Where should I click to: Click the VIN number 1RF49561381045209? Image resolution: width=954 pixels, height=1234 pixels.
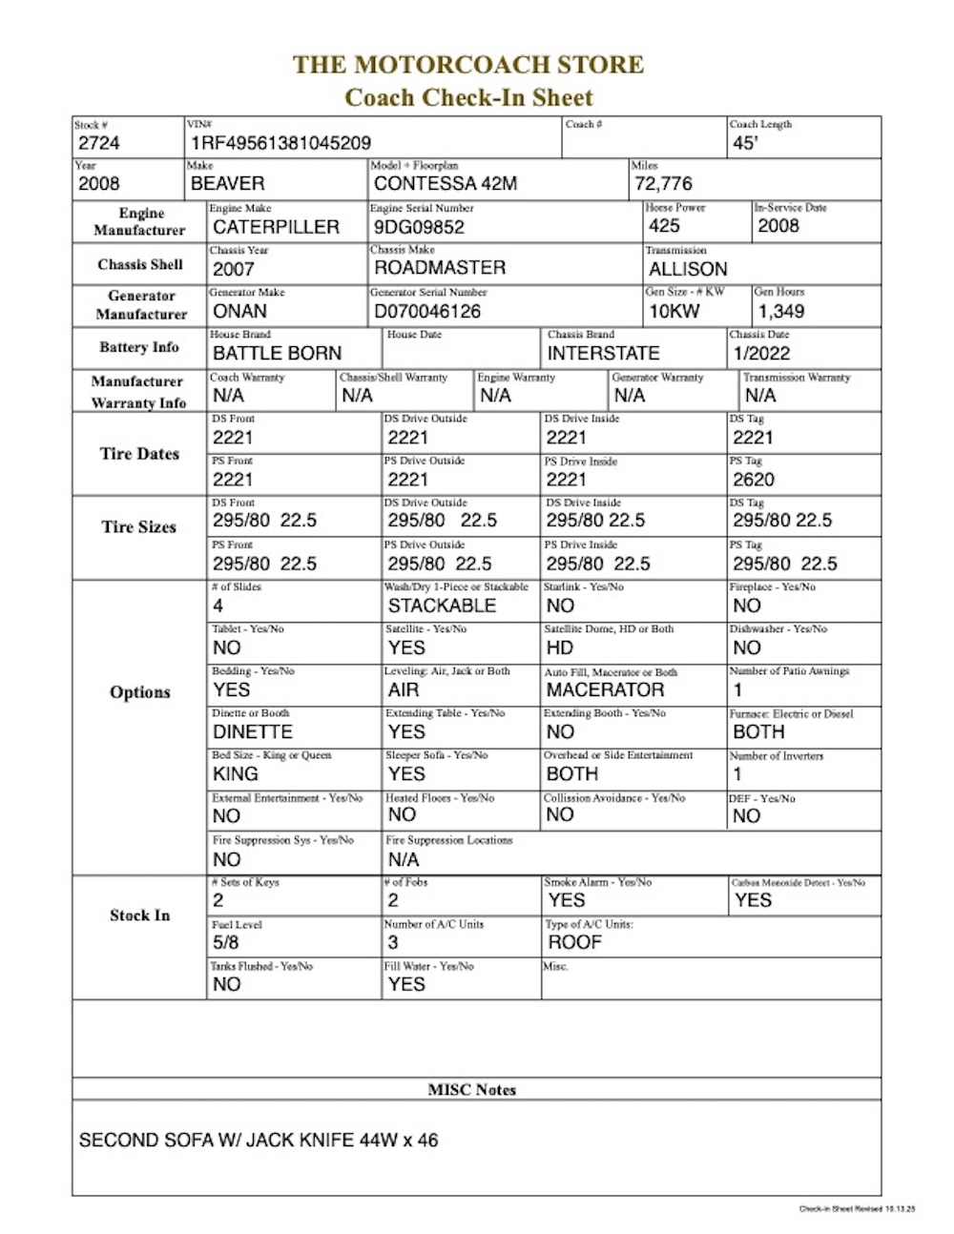pos(280,143)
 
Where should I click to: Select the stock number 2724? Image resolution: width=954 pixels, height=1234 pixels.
pos(99,143)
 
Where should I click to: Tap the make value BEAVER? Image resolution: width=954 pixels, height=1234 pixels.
pos(228,183)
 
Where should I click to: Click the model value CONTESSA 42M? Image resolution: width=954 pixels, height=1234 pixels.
pos(446,183)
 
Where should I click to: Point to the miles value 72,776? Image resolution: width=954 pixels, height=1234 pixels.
pos(664,183)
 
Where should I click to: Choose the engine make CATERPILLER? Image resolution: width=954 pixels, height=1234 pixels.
pos(276,227)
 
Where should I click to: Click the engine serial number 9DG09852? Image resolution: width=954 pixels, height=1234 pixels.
pos(420,227)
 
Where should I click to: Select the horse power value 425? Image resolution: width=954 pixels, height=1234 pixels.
pos(664,226)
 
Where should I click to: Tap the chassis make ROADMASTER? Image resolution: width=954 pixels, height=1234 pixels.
pos(440,268)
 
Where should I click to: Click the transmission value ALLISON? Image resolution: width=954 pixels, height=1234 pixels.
pos(688,269)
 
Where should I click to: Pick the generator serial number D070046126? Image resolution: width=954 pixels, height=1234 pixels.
pos(427,311)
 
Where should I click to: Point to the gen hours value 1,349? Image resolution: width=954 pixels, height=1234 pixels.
pos(780,311)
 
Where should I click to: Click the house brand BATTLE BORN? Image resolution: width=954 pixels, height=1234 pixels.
pos(277,353)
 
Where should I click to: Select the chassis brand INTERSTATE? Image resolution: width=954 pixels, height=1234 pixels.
pos(603,353)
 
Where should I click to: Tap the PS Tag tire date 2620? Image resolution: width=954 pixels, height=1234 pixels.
pos(754,480)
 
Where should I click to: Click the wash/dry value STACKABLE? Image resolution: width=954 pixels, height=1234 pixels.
pos(442,606)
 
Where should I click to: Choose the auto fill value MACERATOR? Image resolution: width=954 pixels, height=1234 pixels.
pos(605,689)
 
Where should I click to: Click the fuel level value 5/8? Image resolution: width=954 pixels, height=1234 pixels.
pos(226,942)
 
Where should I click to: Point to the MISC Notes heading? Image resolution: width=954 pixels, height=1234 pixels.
pos(472,1089)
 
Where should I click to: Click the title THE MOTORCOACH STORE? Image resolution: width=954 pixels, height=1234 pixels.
pos(468,65)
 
